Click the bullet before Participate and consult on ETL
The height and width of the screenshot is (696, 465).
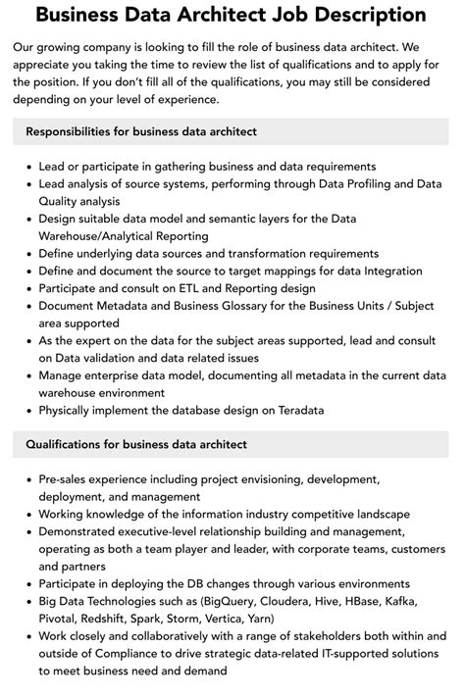click(26, 289)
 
